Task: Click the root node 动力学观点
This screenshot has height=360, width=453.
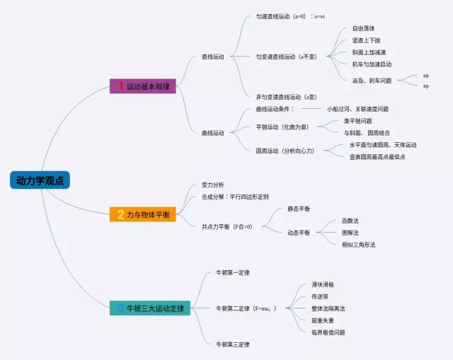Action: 40,181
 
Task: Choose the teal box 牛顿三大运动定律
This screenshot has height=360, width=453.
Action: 150,308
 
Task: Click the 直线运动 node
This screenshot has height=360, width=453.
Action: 212,57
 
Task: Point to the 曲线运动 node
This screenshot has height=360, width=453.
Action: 212,132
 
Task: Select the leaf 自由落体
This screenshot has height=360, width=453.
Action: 363,29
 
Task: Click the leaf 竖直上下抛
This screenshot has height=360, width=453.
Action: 365,41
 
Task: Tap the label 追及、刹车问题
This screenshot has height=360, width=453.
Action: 372,81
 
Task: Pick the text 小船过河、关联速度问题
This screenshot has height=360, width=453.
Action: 357,109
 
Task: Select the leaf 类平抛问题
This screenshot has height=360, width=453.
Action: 357,121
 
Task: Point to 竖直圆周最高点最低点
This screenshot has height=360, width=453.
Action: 377,156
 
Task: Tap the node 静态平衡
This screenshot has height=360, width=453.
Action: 298,209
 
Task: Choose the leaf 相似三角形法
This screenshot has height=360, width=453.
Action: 358,244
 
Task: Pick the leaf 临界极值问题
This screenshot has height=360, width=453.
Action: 328,332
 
